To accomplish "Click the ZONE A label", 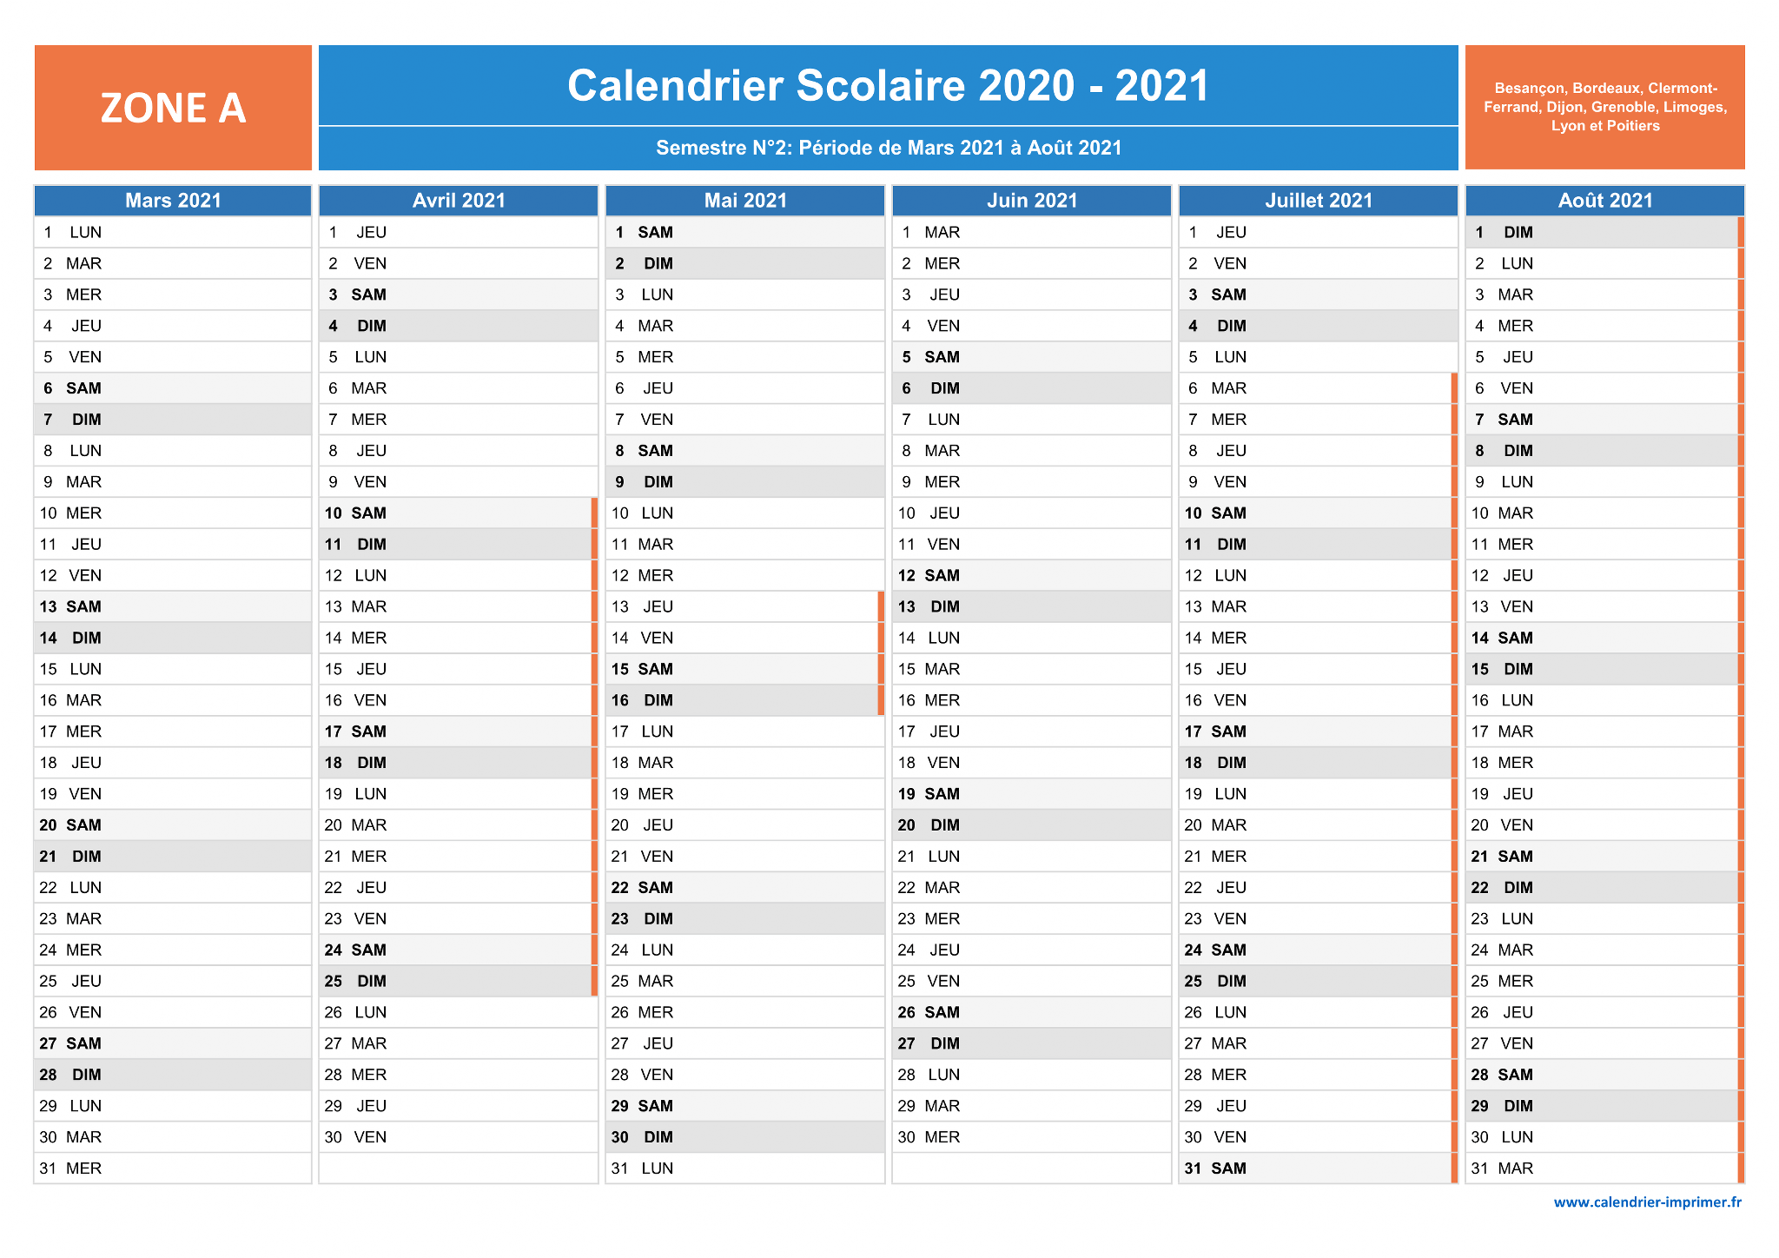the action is [x=173, y=109].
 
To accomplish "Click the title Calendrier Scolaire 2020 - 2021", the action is [x=888, y=86].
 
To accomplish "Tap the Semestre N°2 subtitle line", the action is [x=889, y=148].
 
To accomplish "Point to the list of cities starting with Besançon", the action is [x=1604, y=107].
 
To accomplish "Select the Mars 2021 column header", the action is [x=173, y=201].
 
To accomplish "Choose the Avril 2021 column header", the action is [x=459, y=201].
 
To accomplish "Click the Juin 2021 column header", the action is [x=1032, y=201].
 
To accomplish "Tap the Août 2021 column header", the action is [x=1605, y=201].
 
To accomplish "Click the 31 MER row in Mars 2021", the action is [x=70, y=1169].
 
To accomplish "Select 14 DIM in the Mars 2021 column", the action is [x=70, y=638].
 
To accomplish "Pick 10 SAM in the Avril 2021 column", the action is [x=355, y=513].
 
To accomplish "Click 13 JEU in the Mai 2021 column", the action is [x=643, y=606].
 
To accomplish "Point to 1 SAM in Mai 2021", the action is [x=644, y=232].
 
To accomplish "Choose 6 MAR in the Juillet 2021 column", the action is [x=1217, y=388].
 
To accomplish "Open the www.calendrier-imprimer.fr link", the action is [x=1648, y=1202].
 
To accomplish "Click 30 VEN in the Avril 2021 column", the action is [x=355, y=1137].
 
